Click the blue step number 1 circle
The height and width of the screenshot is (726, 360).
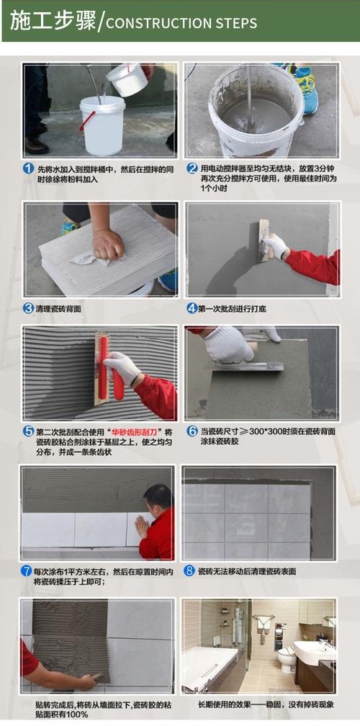coord(29,169)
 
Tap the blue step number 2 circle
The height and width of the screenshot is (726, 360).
coord(192,169)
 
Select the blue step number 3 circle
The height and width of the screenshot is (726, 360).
coord(29,308)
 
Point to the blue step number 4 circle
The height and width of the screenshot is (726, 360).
coord(192,308)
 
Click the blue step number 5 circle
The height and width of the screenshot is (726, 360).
coord(29,431)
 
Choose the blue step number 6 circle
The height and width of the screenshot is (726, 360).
coord(192,431)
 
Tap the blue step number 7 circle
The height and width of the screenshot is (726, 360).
coord(27,571)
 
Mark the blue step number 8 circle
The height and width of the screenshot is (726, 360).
coord(189,571)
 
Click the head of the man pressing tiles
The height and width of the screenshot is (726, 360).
coord(158,498)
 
